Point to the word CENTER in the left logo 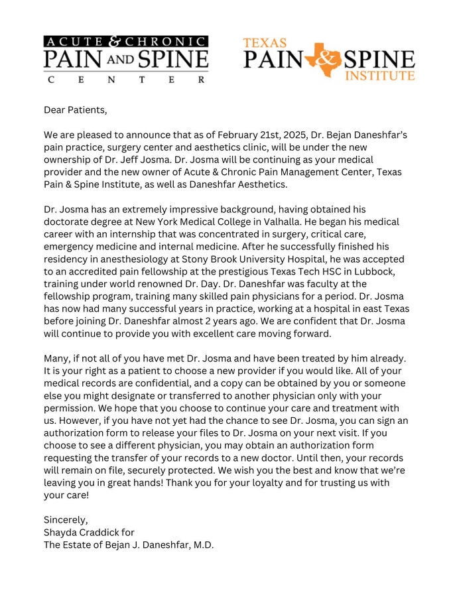coord(125,80)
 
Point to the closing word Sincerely coord(66,519)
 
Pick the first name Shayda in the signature coord(60,533)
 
